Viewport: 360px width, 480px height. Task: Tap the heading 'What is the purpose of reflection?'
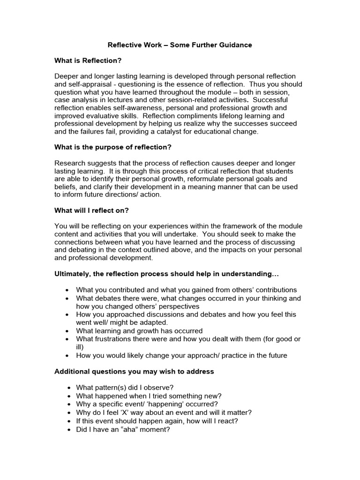click(113, 147)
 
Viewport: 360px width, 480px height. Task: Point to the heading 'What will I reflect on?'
click(91, 210)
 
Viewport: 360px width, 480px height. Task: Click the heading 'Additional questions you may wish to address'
click(134, 371)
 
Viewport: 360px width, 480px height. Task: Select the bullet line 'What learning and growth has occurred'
click(139, 331)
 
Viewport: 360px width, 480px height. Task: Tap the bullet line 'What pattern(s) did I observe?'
click(125, 388)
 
